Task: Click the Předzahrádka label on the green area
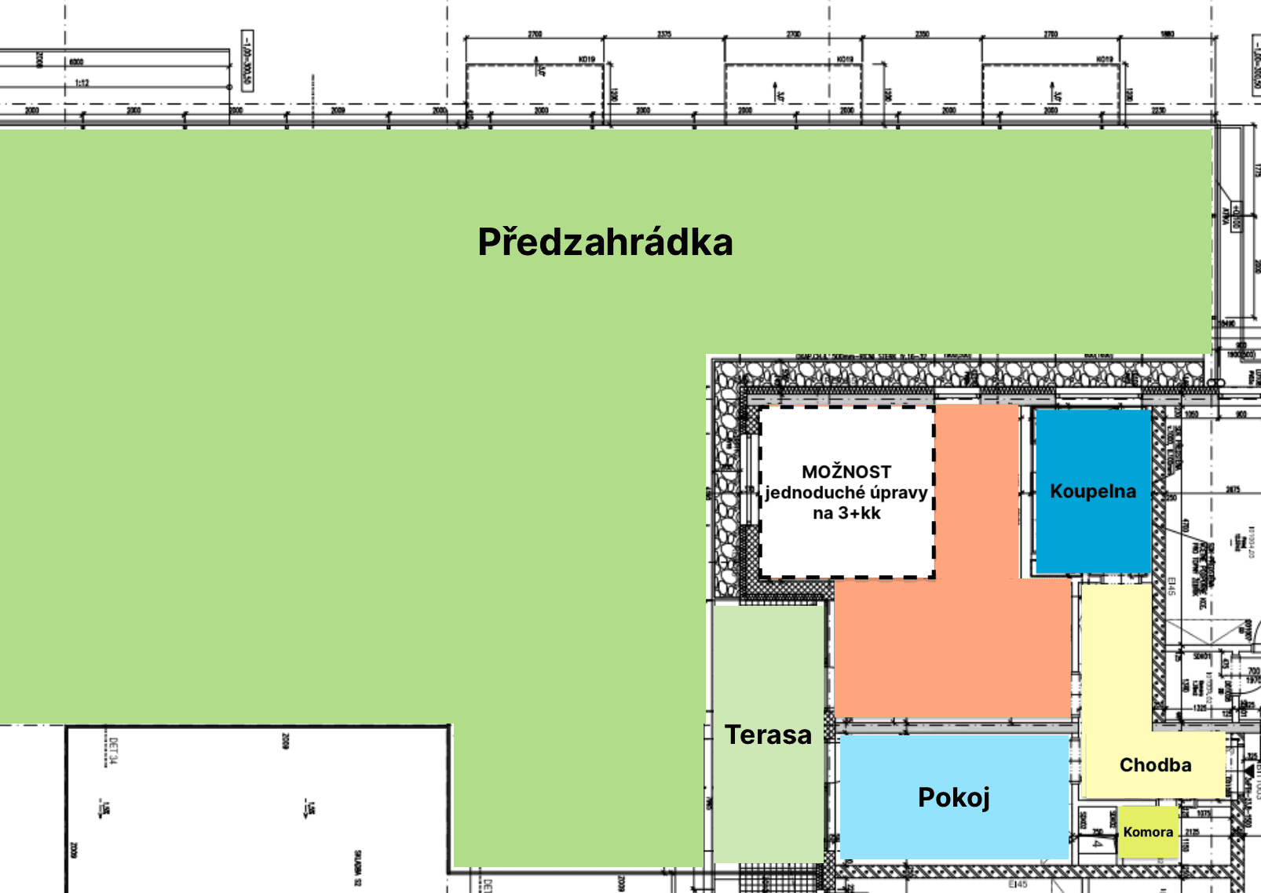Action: (605, 242)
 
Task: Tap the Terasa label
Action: (768, 734)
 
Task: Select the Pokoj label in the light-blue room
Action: (954, 797)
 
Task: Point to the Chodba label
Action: (1155, 765)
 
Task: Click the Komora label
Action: (1148, 832)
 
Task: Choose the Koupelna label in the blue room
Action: (1093, 491)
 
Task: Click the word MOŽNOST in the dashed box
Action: (846, 472)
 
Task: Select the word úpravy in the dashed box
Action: (898, 493)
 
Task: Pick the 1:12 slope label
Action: (82, 82)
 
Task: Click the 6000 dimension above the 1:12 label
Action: (76, 61)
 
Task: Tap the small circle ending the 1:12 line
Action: (230, 87)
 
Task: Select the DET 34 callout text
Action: (113, 750)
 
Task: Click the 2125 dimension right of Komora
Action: (1192, 832)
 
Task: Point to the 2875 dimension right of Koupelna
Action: (1233, 490)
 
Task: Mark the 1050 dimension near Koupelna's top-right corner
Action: (1191, 414)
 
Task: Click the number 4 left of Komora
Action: (1097, 844)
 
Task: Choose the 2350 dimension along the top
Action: (922, 34)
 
